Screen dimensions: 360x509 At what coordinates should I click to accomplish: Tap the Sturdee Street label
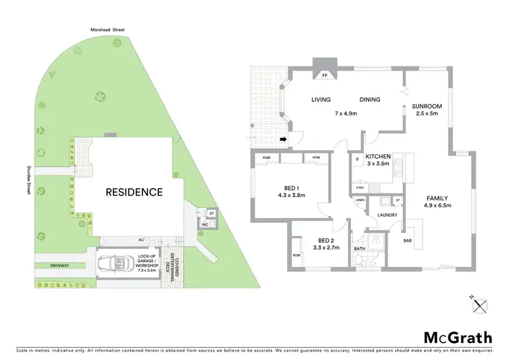pos(30,179)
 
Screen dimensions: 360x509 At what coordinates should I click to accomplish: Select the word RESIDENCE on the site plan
pos(134,192)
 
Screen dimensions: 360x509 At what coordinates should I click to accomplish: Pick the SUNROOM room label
pos(427,106)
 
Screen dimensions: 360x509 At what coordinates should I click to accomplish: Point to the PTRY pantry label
pos(360,188)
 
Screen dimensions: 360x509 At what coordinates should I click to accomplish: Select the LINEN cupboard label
pos(360,200)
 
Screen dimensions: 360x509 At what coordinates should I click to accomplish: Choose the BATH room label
pos(360,249)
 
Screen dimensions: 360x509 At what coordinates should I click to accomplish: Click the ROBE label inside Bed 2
pos(297,255)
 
